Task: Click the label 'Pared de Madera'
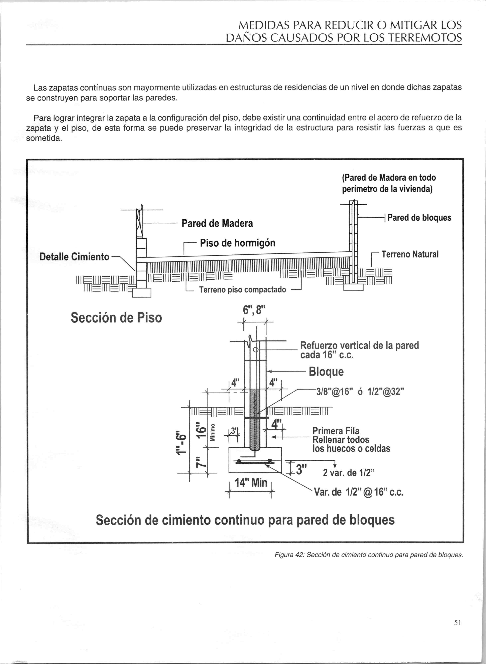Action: (x=217, y=223)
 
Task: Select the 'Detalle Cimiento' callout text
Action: (x=75, y=257)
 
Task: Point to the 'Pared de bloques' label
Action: (x=419, y=218)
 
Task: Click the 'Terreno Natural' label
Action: (x=410, y=254)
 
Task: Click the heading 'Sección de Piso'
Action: (x=116, y=318)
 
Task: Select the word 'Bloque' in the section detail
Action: (x=326, y=372)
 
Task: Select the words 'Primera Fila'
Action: (x=336, y=431)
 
